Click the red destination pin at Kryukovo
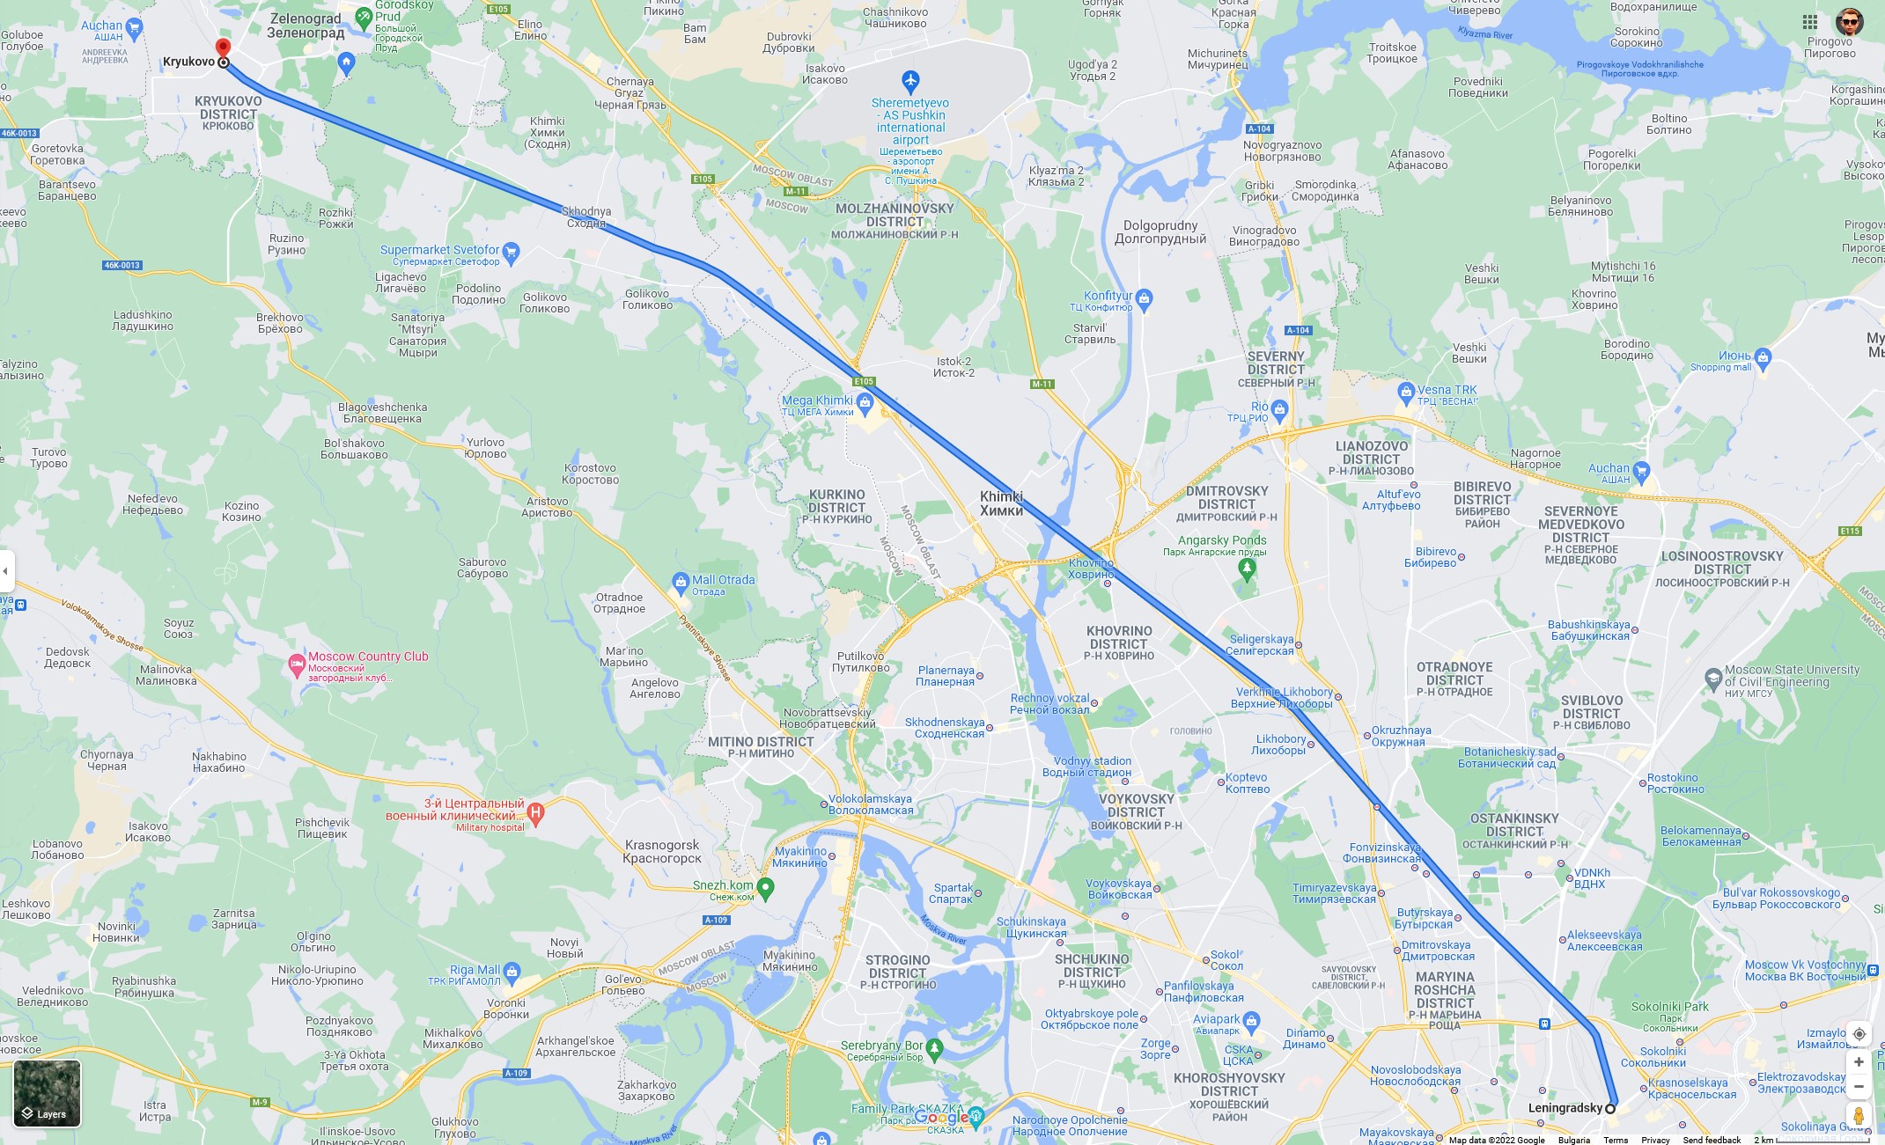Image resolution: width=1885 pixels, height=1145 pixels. pos(223,48)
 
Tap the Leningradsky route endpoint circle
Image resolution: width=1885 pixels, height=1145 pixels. pos(1610,1108)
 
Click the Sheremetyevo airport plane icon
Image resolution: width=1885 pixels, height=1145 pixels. pos(910,83)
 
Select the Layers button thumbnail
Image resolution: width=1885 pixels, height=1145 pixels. pos(48,1093)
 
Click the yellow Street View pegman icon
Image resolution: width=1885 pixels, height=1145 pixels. pos(1859,1115)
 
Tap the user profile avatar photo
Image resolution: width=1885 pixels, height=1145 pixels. pos(1849,22)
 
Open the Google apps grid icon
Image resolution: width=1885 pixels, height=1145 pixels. pos(1810,22)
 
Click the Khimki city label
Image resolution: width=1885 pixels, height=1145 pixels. pos(1002,503)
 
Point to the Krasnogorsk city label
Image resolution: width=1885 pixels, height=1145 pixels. pos(662,851)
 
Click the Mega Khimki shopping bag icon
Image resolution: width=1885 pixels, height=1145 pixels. pos(865,403)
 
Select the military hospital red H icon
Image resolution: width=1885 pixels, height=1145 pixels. pos(535,813)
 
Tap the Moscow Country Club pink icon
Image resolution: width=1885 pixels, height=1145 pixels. pos(297,664)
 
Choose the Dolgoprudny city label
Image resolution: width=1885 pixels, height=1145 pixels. pos(1160,231)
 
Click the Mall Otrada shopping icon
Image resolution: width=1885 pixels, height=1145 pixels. pos(680,582)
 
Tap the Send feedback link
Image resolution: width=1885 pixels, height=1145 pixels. pos(1712,1140)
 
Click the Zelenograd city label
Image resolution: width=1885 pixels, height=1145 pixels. pos(306,26)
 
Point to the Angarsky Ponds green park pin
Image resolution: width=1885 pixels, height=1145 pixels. pos(1246,569)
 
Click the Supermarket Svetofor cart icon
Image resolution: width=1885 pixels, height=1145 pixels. pos(512,253)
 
